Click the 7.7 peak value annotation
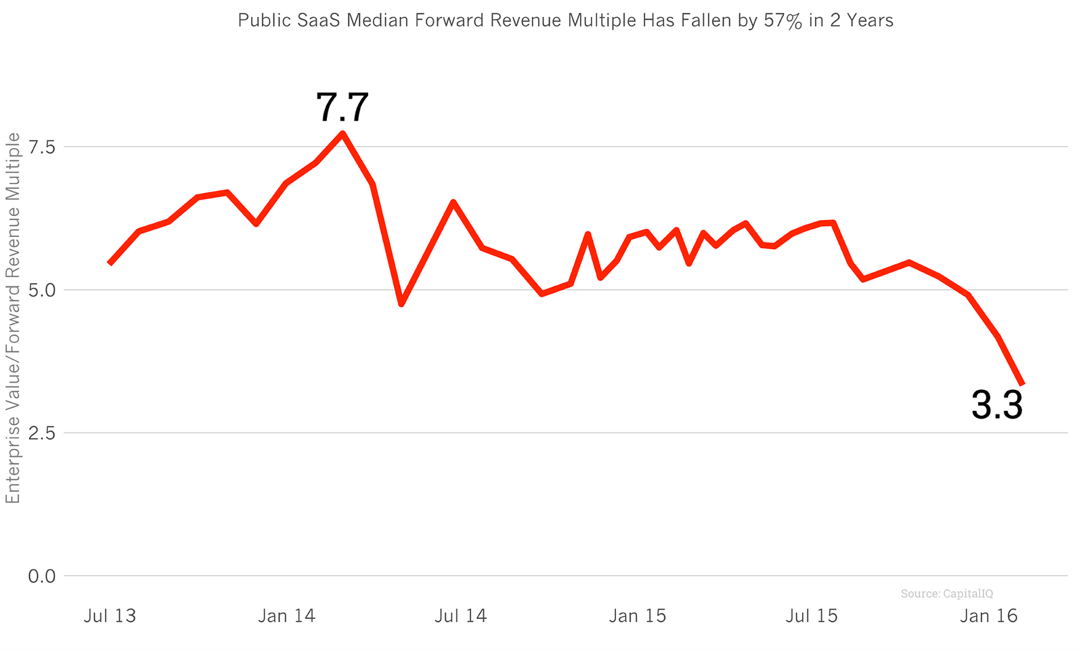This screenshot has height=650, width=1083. (x=342, y=108)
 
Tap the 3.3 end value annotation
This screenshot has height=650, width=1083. (x=996, y=406)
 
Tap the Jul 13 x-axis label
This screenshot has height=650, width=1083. (x=110, y=616)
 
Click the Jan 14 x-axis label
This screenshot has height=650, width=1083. (x=286, y=616)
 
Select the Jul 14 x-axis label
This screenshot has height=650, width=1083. (x=460, y=616)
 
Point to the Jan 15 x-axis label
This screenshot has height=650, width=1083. (x=638, y=616)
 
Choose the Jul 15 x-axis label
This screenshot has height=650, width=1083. (x=812, y=616)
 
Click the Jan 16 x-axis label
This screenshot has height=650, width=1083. (x=989, y=616)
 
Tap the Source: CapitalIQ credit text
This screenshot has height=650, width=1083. (x=946, y=594)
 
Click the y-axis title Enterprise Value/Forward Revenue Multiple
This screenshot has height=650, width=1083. (x=14, y=318)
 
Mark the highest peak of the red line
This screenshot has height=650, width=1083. (x=342, y=133)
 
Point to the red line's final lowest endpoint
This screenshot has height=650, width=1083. (x=1022, y=384)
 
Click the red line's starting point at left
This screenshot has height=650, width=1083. (x=110, y=263)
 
